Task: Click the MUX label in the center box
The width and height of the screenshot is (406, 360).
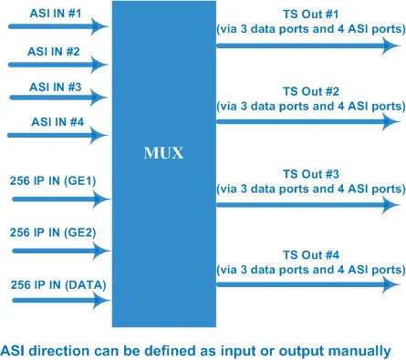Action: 164,154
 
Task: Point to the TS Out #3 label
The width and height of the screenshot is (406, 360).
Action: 311,173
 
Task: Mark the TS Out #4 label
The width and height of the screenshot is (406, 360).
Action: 311,255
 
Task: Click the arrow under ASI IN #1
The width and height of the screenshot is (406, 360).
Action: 55,27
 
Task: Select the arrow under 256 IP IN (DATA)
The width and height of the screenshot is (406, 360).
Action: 55,301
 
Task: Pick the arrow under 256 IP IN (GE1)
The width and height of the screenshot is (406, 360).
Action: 55,197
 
